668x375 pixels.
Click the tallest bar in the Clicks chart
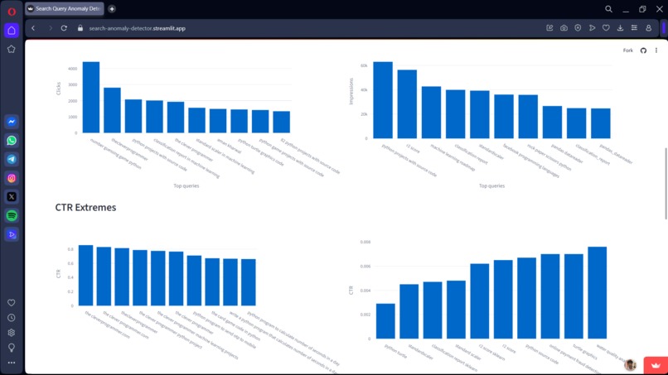pyautogui.click(x=90, y=98)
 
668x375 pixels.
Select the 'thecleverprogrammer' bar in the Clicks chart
pyautogui.click(x=112, y=110)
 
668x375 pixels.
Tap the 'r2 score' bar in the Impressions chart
pyautogui.click(x=407, y=103)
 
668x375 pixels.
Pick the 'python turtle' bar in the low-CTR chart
pyautogui.click(x=385, y=321)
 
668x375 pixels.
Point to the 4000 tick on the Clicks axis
pyautogui.click(x=72, y=69)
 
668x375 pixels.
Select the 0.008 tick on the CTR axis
pyautogui.click(x=365, y=243)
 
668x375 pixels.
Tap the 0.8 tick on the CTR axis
pyautogui.click(x=70, y=249)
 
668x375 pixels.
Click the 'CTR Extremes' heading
pyautogui.click(x=85, y=207)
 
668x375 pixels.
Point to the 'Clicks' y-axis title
pyautogui.click(x=59, y=87)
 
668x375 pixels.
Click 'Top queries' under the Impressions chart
pyautogui.click(x=491, y=185)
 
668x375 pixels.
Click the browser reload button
pyautogui.click(x=64, y=28)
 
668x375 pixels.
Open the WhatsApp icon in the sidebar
pyautogui.click(x=12, y=140)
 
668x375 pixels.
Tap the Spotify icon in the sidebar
pyautogui.click(x=12, y=215)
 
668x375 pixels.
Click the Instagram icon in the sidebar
pyautogui.click(x=12, y=178)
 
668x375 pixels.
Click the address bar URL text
pyautogui.click(x=137, y=28)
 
